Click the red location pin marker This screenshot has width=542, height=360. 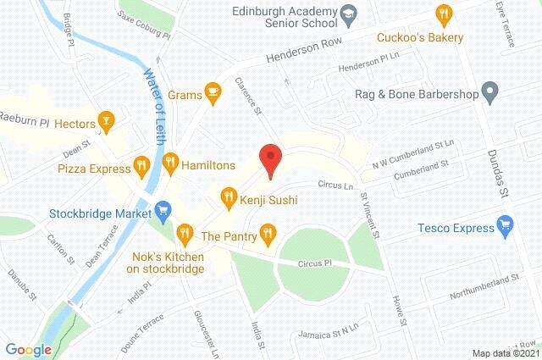click(269, 159)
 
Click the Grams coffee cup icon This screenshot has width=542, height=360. click(212, 91)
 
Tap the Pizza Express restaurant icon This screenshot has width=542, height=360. click(142, 164)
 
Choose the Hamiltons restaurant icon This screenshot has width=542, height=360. click(169, 161)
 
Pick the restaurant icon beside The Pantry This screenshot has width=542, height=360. click(268, 231)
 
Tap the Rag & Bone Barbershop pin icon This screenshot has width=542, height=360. click(488, 90)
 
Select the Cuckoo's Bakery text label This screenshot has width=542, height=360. click(420, 38)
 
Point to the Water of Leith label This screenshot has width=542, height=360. click(154, 93)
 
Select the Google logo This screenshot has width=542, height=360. click(28, 349)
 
